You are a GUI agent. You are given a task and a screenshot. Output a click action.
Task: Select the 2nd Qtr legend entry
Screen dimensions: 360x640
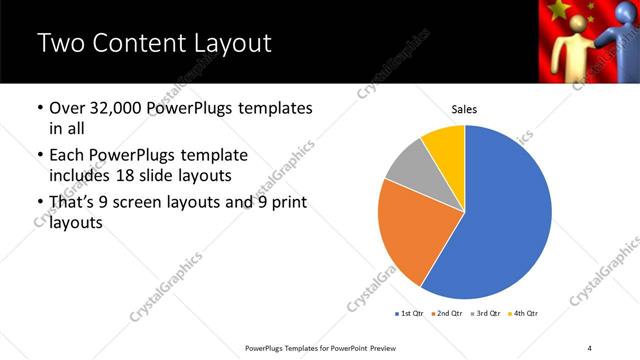point(447,314)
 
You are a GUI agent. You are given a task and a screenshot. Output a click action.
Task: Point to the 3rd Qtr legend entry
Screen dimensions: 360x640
point(486,314)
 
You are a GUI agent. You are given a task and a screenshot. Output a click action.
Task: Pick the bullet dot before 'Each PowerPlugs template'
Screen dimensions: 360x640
point(39,155)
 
